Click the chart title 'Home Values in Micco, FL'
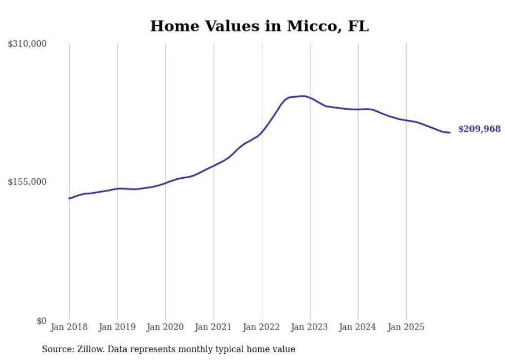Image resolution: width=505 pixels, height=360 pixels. click(x=259, y=26)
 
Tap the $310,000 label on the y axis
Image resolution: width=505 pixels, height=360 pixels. click(x=27, y=44)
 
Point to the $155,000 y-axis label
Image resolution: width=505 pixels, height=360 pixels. click(x=27, y=182)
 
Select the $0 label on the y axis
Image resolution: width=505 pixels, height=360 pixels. click(x=41, y=321)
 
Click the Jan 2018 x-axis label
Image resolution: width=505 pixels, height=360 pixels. click(x=69, y=327)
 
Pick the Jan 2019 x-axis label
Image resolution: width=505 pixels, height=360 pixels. click(x=117, y=327)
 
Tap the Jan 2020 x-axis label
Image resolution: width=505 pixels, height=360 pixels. click(x=165, y=327)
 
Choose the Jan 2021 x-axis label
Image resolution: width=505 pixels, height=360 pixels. click(x=213, y=327)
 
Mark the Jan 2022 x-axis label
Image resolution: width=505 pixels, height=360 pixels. click(x=262, y=327)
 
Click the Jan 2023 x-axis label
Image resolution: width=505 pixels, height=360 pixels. click(x=310, y=327)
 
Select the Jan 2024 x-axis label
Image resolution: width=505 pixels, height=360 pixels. click(x=358, y=327)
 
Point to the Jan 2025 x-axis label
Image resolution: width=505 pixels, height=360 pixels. click(x=406, y=327)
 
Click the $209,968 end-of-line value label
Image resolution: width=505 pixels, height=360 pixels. click(x=479, y=129)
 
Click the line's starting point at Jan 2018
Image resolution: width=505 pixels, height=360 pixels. click(x=69, y=198)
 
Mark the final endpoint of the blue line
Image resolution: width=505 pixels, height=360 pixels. click(x=450, y=132)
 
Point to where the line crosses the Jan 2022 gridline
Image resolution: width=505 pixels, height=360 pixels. click(x=262, y=132)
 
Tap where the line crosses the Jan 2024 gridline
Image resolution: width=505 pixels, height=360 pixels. click(x=358, y=109)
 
